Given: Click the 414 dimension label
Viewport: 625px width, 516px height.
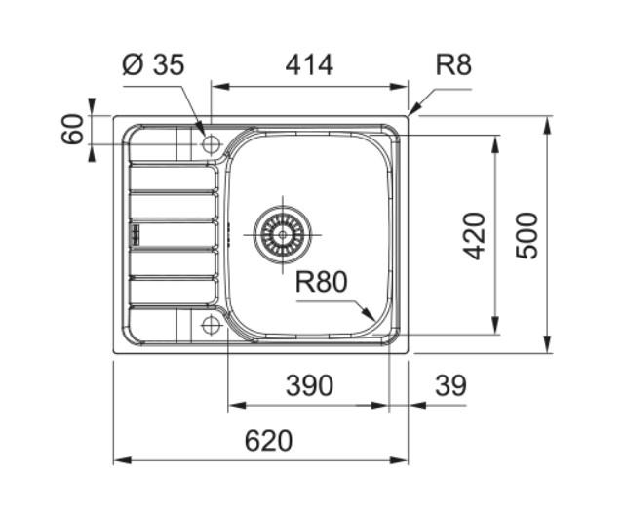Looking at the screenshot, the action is [x=309, y=65].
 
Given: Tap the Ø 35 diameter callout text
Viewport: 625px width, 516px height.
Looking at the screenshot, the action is [x=153, y=64].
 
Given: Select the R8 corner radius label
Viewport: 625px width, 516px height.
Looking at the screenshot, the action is [x=453, y=64].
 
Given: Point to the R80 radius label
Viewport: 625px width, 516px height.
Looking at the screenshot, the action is [x=321, y=282].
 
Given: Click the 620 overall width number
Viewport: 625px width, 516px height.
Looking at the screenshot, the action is [x=268, y=441].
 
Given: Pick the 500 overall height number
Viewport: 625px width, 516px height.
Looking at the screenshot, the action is [x=527, y=236].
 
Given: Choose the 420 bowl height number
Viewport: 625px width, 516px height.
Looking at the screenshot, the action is [x=474, y=236].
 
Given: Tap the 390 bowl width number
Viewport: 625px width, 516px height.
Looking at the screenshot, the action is [x=309, y=385].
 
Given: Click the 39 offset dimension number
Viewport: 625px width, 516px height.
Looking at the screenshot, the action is [x=450, y=385].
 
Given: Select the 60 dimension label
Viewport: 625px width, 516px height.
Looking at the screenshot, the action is [x=72, y=129].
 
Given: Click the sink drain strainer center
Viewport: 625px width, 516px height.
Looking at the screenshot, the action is [x=283, y=234].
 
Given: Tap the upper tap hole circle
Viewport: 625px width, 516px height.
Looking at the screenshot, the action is [x=211, y=143].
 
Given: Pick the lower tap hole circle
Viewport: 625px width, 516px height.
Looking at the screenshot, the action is [x=211, y=325].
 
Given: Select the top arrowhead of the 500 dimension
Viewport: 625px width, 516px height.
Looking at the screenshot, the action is [x=549, y=125].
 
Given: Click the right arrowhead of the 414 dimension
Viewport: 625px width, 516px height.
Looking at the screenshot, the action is [x=399, y=87].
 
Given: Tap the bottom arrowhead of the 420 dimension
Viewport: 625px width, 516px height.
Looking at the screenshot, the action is [x=495, y=325].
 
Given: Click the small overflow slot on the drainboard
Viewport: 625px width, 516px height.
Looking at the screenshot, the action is [x=136, y=234].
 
